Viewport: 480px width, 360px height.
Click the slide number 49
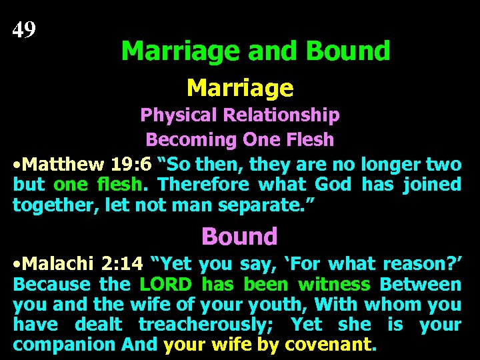[25, 29]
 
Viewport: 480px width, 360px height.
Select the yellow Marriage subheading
[240, 87]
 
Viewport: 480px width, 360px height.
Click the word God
[332, 184]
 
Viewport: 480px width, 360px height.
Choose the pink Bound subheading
[239, 236]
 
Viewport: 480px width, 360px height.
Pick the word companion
[65, 345]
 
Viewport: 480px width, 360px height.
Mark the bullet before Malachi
[17, 265]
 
